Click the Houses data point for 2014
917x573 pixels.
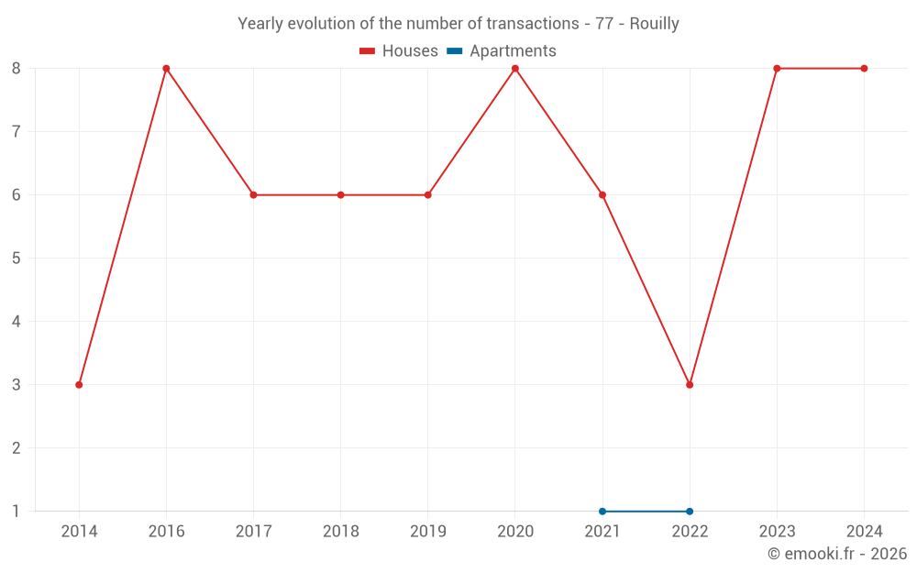79,384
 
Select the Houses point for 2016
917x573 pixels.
166,68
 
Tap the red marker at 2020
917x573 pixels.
515,68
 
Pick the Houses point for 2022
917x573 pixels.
690,384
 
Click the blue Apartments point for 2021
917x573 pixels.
602,511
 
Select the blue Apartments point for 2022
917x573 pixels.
690,511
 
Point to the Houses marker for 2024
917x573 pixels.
864,68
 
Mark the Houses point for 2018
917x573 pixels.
340,194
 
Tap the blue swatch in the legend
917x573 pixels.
455,51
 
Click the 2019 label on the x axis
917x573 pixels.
427,532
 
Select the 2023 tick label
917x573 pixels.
777,532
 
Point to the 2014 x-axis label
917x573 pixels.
79,532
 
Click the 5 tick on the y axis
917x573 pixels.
17,258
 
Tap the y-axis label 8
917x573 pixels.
17,68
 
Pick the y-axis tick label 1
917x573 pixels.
17,511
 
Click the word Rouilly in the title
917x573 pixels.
654,24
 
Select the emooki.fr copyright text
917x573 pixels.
836,554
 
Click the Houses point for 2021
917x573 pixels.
602,194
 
